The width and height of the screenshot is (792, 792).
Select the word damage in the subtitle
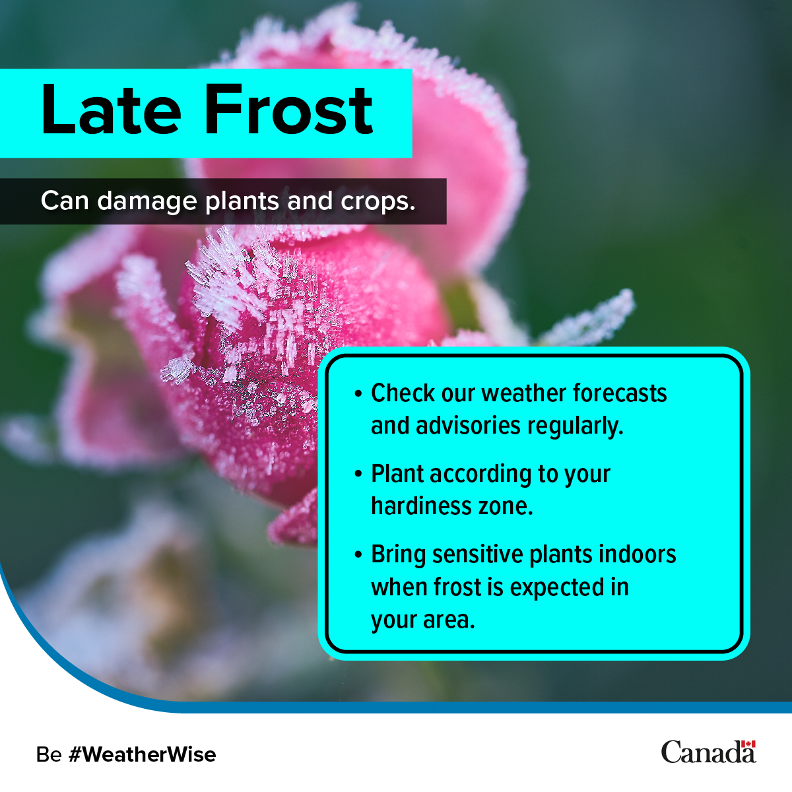click(x=147, y=201)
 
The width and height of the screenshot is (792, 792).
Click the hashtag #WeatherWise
click(x=142, y=754)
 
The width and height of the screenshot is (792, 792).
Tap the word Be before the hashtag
click(x=49, y=754)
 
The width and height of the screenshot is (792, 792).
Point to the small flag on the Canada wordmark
click(x=748, y=744)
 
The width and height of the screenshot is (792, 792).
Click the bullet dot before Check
click(x=358, y=394)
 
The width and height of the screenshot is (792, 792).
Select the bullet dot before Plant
click(x=358, y=474)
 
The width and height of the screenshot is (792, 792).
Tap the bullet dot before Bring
click(x=358, y=554)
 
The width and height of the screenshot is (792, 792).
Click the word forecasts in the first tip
click(x=620, y=393)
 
